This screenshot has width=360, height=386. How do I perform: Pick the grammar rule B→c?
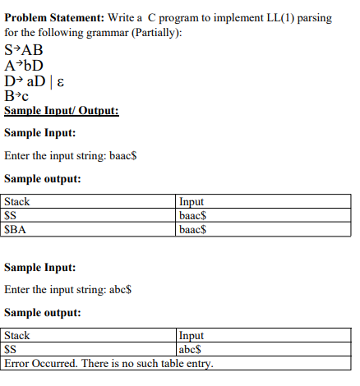[x=17, y=97]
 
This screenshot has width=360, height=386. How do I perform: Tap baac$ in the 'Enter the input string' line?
[x=128, y=154]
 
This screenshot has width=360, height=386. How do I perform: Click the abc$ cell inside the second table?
[x=189, y=349]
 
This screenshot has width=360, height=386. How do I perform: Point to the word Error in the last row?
[x=19, y=362]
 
